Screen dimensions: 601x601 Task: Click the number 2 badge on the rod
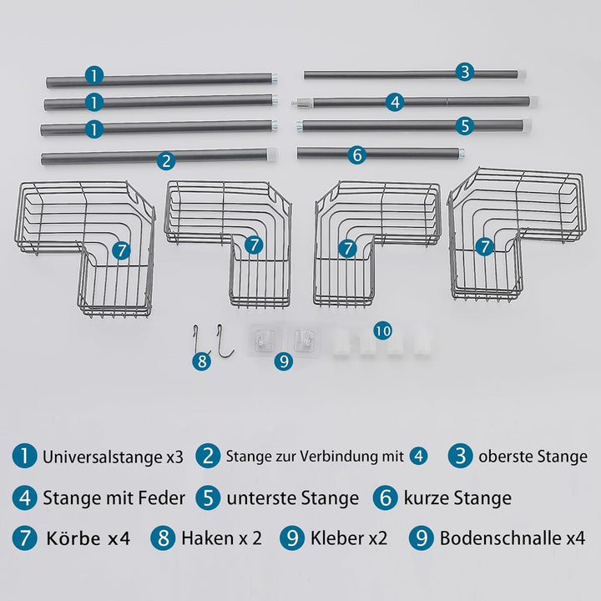pos(167,159)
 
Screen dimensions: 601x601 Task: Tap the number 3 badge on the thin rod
pos(465,72)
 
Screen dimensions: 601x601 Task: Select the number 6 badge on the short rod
pos(356,154)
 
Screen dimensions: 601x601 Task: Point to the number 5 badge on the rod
pos(465,125)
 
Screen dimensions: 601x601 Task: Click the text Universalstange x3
pos(113,457)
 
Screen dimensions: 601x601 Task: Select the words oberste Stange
pos(533,457)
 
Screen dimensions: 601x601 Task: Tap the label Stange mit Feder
pos(114,498)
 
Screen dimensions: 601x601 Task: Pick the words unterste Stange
pos(292,498)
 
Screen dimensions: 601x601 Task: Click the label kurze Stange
pos(457,498)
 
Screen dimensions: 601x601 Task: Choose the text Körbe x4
pos(88,538)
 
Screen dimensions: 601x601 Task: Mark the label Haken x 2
pos(221,538)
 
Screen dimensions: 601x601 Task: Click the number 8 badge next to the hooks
pos(201,361)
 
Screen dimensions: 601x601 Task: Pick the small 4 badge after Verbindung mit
pos(418,457)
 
